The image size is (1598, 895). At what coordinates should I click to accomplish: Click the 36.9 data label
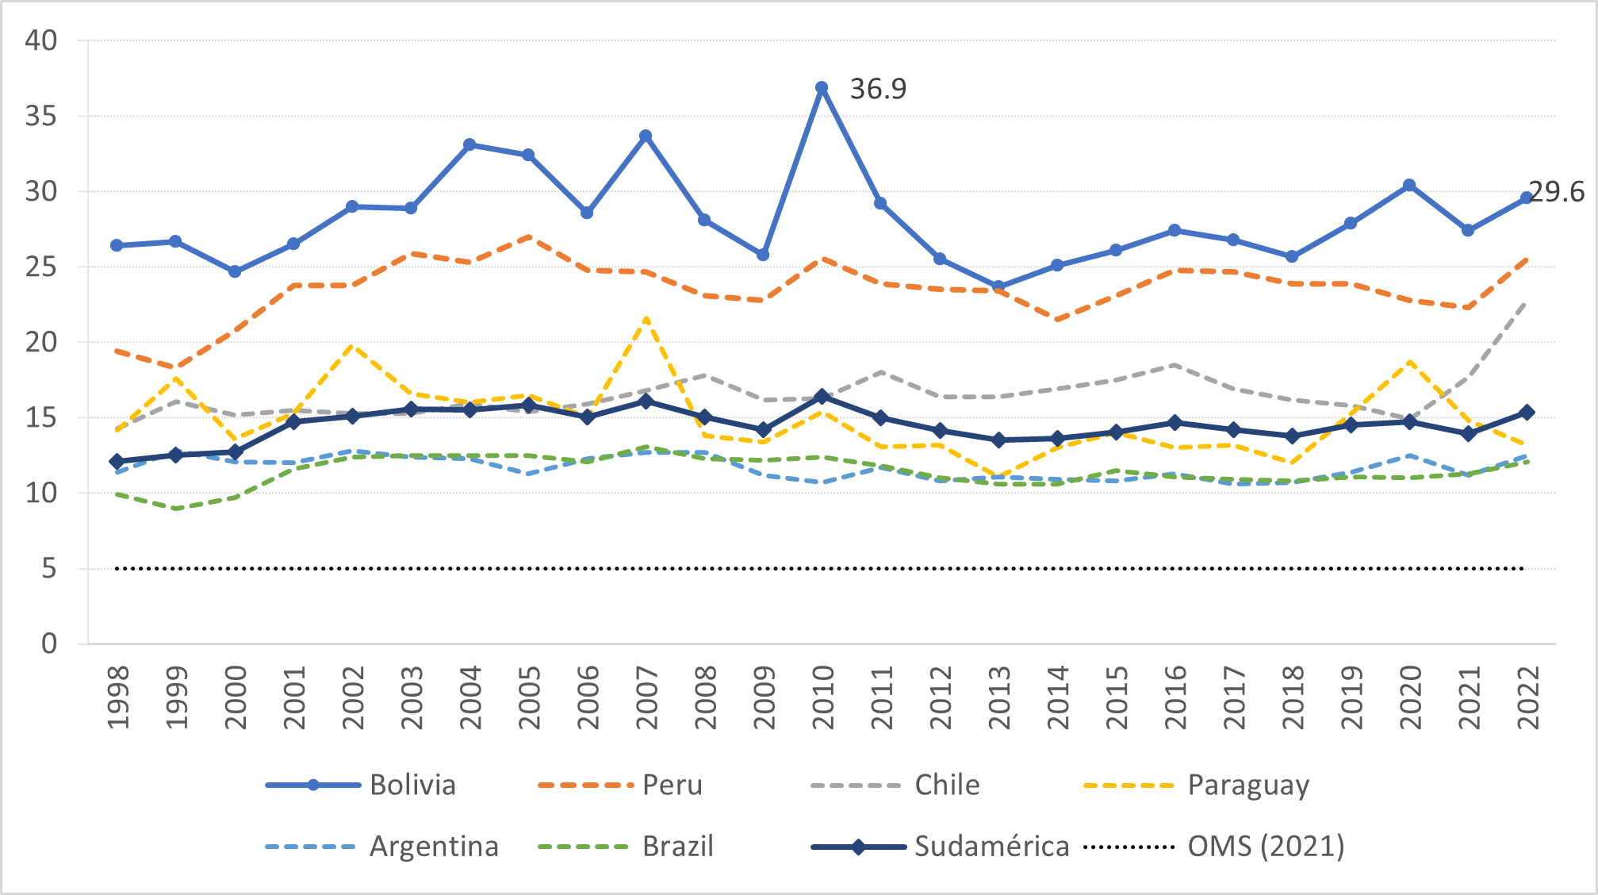pyautogui.click(x=878, y=89)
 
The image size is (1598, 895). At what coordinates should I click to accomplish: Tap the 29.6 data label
pyautogui.click(x=1557, y=192)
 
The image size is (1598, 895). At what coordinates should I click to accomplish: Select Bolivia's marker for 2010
pyautogui.click(x=822, y=87)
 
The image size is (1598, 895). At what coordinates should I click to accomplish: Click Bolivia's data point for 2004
pyautogui.click(x=469, y=144)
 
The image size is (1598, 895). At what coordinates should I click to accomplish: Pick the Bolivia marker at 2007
pyautogui.click(x=646, y=136)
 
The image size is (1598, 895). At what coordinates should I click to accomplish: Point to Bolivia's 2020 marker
pyautogui.click(x=1409, y=185)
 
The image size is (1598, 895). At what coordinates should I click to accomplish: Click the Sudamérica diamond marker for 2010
pyautogui.click(x=822, y=396)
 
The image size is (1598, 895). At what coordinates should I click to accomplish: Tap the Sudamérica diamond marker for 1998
pyautogui.click(x=117, y=461)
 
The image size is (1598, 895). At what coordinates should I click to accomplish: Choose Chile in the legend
pyautogui.click(x=947, y=785)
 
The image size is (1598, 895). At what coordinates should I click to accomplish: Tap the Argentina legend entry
pyautogui.click(x=434, y=846)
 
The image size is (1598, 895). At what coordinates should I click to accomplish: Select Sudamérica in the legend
pyautogui.click(x=991, y=846)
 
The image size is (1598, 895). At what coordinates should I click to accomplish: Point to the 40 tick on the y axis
pyautogui.click(x=41, y=40)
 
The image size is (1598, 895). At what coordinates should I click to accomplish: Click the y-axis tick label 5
pyautogui.click(x=49, y=569)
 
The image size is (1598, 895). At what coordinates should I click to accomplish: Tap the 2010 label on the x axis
pyautogui.click(x=823, y=697)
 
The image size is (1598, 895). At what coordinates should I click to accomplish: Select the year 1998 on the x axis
pyautogui.click(x=118, y=697)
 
